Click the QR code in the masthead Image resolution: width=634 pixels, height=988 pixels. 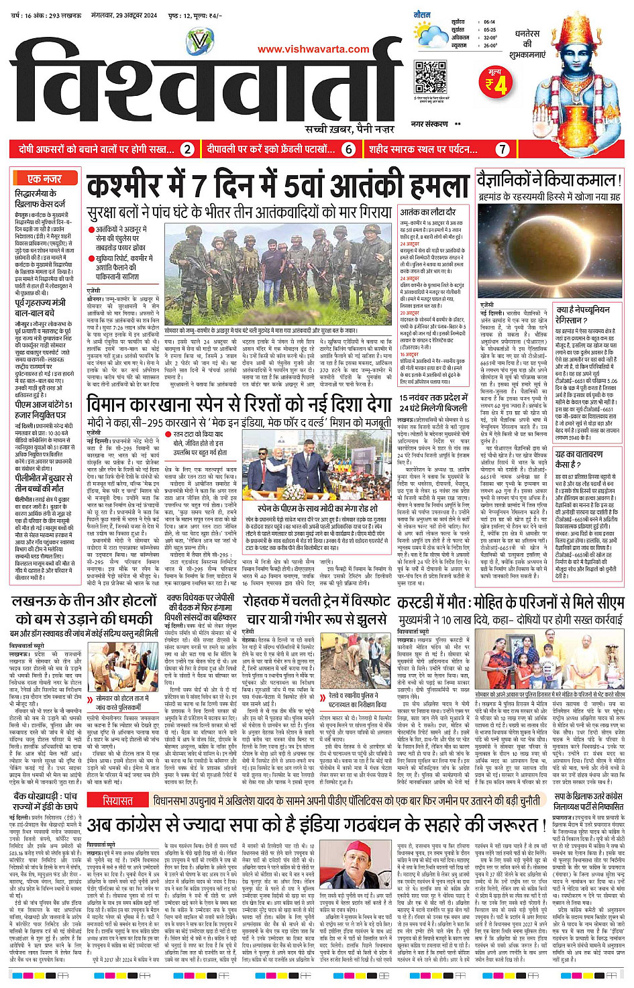coord(430,77)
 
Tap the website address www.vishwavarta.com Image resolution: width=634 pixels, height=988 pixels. coord(313,49)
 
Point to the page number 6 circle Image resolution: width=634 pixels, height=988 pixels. coord(348,149)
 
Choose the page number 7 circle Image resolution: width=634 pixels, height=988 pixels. coord(503,149)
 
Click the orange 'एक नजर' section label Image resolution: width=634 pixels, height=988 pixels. coord(44,178)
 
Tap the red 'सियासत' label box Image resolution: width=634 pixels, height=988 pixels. coord(117,800)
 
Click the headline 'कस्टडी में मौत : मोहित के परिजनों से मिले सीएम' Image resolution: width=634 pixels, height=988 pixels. coord(515,601)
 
